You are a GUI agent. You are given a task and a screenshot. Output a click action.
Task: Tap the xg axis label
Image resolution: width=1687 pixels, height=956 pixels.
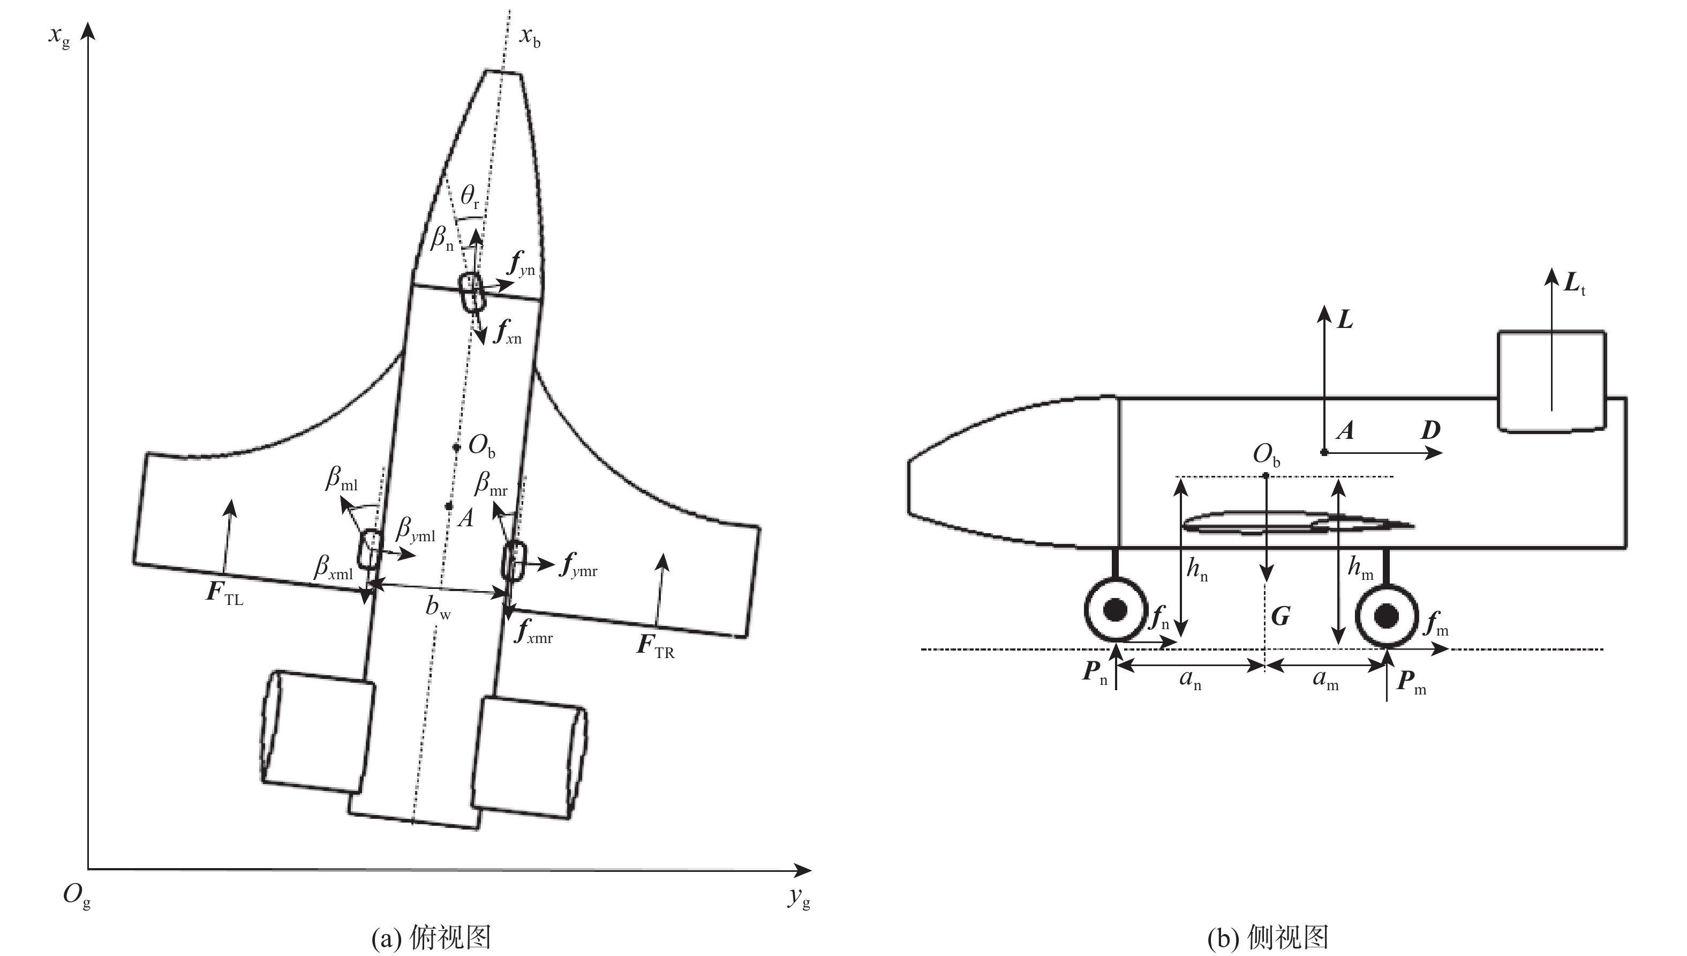[59, 35]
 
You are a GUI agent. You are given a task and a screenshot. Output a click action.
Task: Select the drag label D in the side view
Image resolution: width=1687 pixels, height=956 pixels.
[1430, 431]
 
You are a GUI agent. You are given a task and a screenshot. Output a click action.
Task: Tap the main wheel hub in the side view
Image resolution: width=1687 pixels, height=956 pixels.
[1387, 616]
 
